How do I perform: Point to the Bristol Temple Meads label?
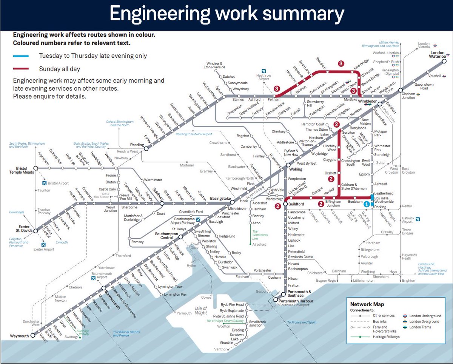click(x=19, y=170)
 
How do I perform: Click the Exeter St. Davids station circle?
click(x=35, y=231)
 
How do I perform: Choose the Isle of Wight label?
click(x=201, y=310)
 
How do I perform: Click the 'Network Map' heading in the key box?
click(x=367, y=304)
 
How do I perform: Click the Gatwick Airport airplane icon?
click(x=418, y=219)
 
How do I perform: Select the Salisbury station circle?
click(x=162, y=204)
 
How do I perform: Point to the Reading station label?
click(x=137, y=145)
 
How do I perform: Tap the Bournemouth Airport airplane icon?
click(x=93, y=278)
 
